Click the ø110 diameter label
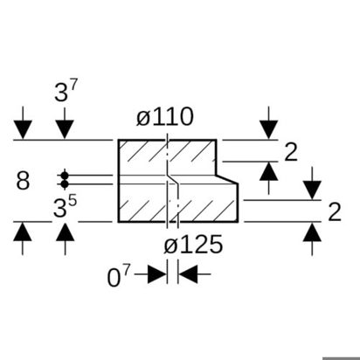pyautogui.click(x=165, y=117)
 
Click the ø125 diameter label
pyautogui.click(x=193, y=244)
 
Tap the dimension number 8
pyautogui.click(x=23, y=181)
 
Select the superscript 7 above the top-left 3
pyautogui.click(x=73, y=86)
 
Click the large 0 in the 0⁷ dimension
pyautogui.click(x=114, y=278)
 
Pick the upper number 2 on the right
pyautogui.click(x=291, y=152)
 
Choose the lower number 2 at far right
pyautogui.click(x=335, y=211)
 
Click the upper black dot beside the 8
pyautogui.click(x=65, y=176)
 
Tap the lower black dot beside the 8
pyautogui.click(x=65, y=184)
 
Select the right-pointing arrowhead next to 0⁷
pyautogui.click(x=157, y=274)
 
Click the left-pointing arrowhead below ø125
pyautogui.click(x=188, y=274)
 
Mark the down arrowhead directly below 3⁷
pyautogui.click(x=65, y=129)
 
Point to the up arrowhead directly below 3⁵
pyautogui.click(x=65, y=232)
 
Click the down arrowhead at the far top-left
pyautogui.click(x=23, y=129)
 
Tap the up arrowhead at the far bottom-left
pyautogui.click(x=23, y=232)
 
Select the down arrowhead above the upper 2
pyautogui.click(x=268, y=129)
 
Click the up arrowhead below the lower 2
pyautogui.click(x=312, y=232)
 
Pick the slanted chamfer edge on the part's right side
pyautogui.click(x=227, y=179)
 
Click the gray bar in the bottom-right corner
pyautogui.click(x=342, y=358)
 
